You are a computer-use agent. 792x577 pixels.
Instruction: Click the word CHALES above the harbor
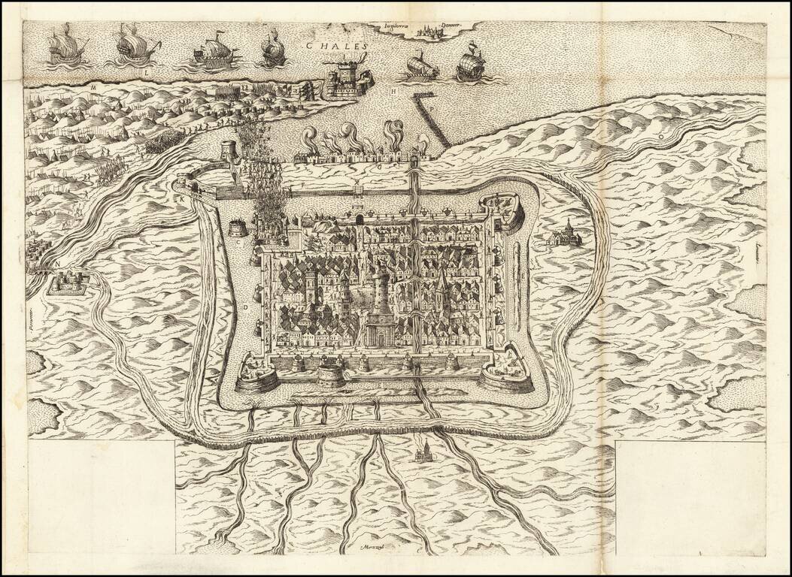tap(336, 45)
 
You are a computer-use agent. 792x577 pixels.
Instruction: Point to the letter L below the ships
tap(144, 74)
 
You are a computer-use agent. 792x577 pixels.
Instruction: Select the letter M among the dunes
tap(94, 87)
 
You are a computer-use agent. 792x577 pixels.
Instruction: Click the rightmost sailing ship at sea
tap(470, 62)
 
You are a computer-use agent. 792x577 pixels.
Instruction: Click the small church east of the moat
tap(566, 234)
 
